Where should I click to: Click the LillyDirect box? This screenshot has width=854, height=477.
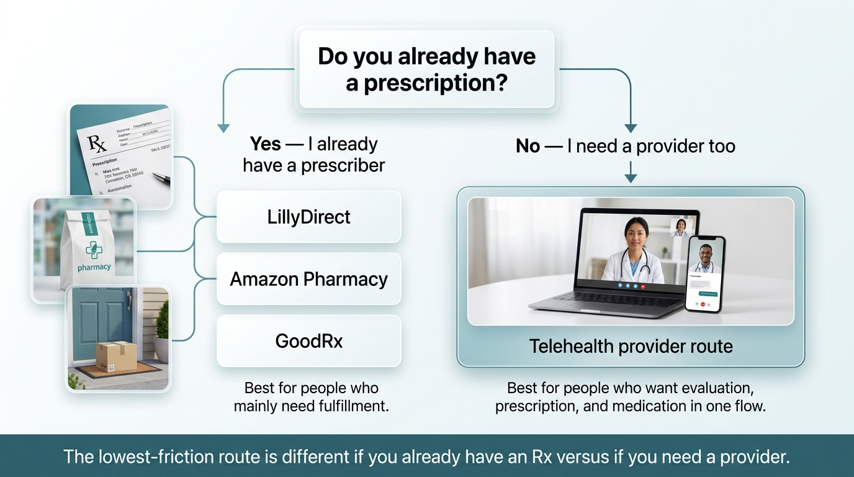(x=308, y=217)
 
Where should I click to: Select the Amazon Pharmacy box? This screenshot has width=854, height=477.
(x=308, y=279)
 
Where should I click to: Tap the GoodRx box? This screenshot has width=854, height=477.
(x=308, y=341)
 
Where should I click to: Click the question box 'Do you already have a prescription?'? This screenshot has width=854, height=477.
(x=426, y=69)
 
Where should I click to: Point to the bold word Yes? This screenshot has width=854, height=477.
(x=265, y=144)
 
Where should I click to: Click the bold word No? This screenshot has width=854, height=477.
(x=528, y=146)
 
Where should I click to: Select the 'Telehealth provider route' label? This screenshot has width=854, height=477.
(x=631, y=346)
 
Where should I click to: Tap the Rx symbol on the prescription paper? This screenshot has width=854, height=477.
(x=97, y=144)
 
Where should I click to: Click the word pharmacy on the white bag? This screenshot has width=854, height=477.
(x=94, y=267)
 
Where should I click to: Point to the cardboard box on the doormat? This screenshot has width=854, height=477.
(x=116, y=357)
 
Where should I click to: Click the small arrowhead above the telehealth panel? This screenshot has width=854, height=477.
(x=631, y=178)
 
